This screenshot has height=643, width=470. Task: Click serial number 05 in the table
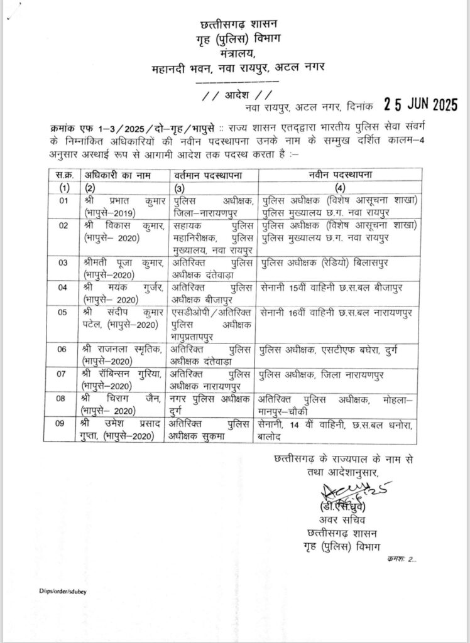click(x=61, y=311)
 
